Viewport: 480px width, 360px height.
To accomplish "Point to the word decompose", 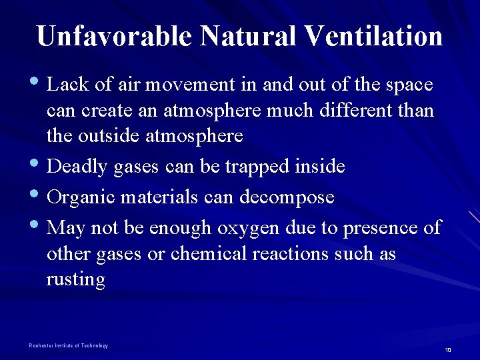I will pos(295,197).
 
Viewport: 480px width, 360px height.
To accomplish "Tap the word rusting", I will pos(75,280).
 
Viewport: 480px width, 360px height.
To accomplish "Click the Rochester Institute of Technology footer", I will pos(69,345).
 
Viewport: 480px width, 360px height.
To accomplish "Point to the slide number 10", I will pos(448,350).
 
